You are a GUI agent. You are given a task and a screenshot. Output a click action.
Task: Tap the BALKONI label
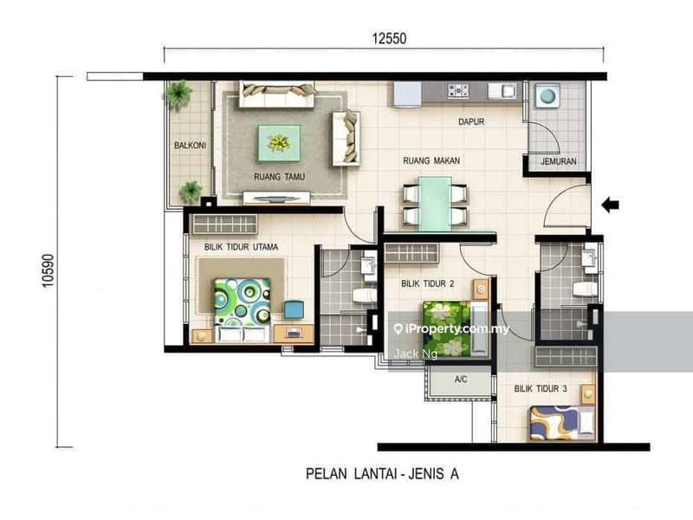(189, 146)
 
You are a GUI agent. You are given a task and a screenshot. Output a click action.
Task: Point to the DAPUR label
(471, 122)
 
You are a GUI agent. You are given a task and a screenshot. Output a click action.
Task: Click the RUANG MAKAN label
(431, 160)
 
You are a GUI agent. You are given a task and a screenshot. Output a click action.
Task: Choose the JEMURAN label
(559, 162)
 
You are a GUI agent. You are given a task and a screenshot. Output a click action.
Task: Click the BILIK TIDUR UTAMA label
(241, 247)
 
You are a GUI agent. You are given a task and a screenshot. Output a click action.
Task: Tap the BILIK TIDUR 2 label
(426, 283)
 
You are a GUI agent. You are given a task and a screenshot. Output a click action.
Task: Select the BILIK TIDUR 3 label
(540, 390)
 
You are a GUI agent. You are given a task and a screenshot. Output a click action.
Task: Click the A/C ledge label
(461, 380)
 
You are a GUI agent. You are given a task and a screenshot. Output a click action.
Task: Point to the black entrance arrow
(611, 205)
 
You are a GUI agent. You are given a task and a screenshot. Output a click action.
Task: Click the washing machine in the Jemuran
(547, 96)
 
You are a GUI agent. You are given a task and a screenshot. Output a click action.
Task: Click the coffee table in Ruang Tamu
(279, 141)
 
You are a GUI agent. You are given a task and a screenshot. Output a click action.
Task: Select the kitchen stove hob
(457, 91)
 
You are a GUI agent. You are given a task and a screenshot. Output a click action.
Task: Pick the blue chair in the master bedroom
(293, 309)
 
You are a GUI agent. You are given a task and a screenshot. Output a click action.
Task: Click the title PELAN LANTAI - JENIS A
(387, 474)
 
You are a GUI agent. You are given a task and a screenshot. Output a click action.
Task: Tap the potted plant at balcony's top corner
(179, 93)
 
